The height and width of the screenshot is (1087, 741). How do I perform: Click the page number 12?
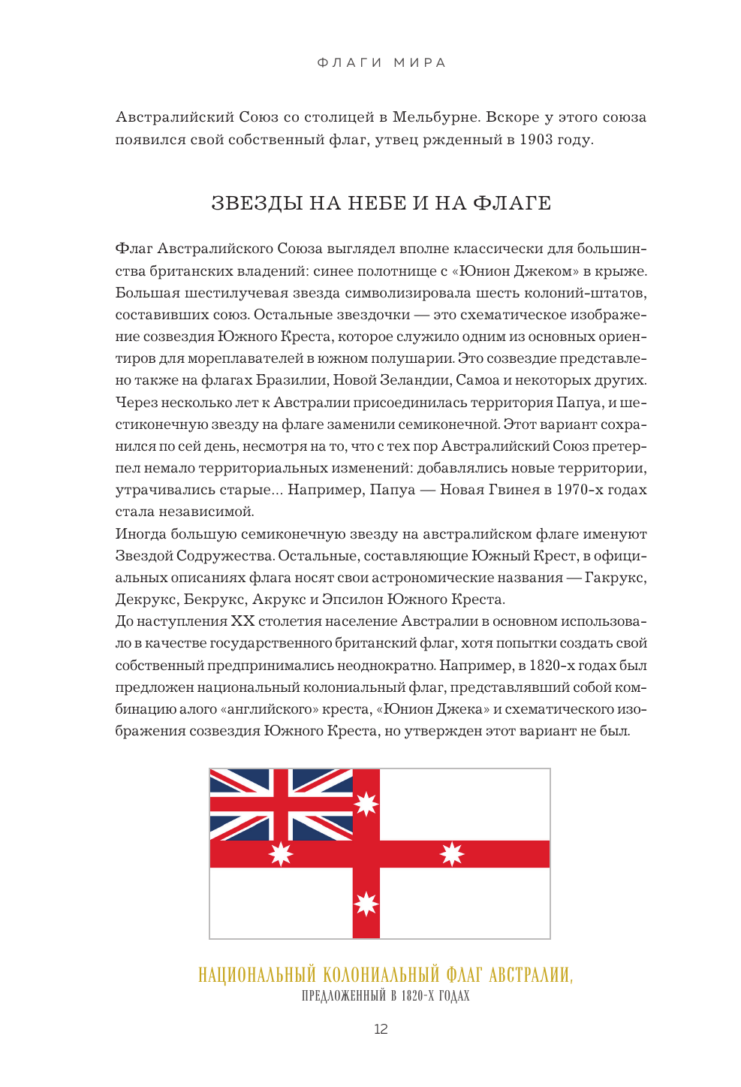click(x=381, y=1029)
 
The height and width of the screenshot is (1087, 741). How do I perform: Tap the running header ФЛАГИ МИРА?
click(x=381, y=62)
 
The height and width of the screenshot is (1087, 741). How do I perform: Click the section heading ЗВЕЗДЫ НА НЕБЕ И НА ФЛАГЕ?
click(x=381, y=204)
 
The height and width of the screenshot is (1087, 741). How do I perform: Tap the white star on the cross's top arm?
click(x=366, y=805)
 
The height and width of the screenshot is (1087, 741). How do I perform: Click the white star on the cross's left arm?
click(x=281, y=854)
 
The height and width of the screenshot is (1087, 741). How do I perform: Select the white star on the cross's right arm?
click(x=452, y=854)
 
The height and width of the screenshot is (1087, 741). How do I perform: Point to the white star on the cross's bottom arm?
click(x=366, y=904)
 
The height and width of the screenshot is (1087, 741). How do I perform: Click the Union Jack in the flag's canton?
click(x=281, y=805)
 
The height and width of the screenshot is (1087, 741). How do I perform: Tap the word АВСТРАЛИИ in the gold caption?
click(x=530, y=976)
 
